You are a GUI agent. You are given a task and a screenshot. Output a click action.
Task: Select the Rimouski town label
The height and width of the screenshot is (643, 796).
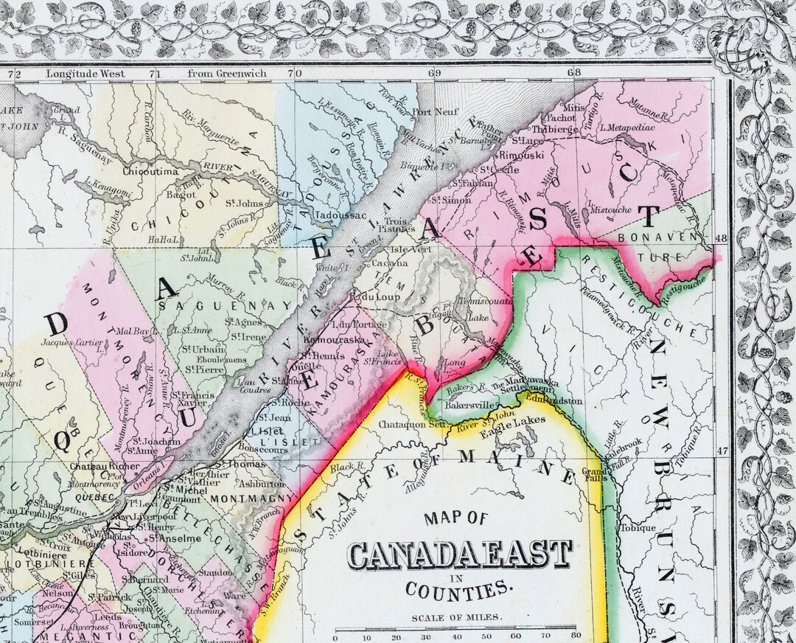coord(521,156)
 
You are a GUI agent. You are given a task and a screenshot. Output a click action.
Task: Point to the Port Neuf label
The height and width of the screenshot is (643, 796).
coord(430,113)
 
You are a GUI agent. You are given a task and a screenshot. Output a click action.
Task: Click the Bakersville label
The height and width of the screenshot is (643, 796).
coord(463,406)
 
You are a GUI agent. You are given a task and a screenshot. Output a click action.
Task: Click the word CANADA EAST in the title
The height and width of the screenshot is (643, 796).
coord(460,555)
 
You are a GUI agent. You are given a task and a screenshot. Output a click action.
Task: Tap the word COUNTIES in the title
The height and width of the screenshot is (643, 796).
coord(457,589)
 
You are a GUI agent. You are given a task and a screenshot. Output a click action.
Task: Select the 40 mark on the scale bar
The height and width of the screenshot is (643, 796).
coord(457,635)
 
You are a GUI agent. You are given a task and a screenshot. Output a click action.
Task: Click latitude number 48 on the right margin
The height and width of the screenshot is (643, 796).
coord(722,239)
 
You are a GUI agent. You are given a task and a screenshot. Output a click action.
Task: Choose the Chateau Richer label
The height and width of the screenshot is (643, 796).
coord(104,467)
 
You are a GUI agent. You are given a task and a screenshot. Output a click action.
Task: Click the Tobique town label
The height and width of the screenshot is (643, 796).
coord(638,528)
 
